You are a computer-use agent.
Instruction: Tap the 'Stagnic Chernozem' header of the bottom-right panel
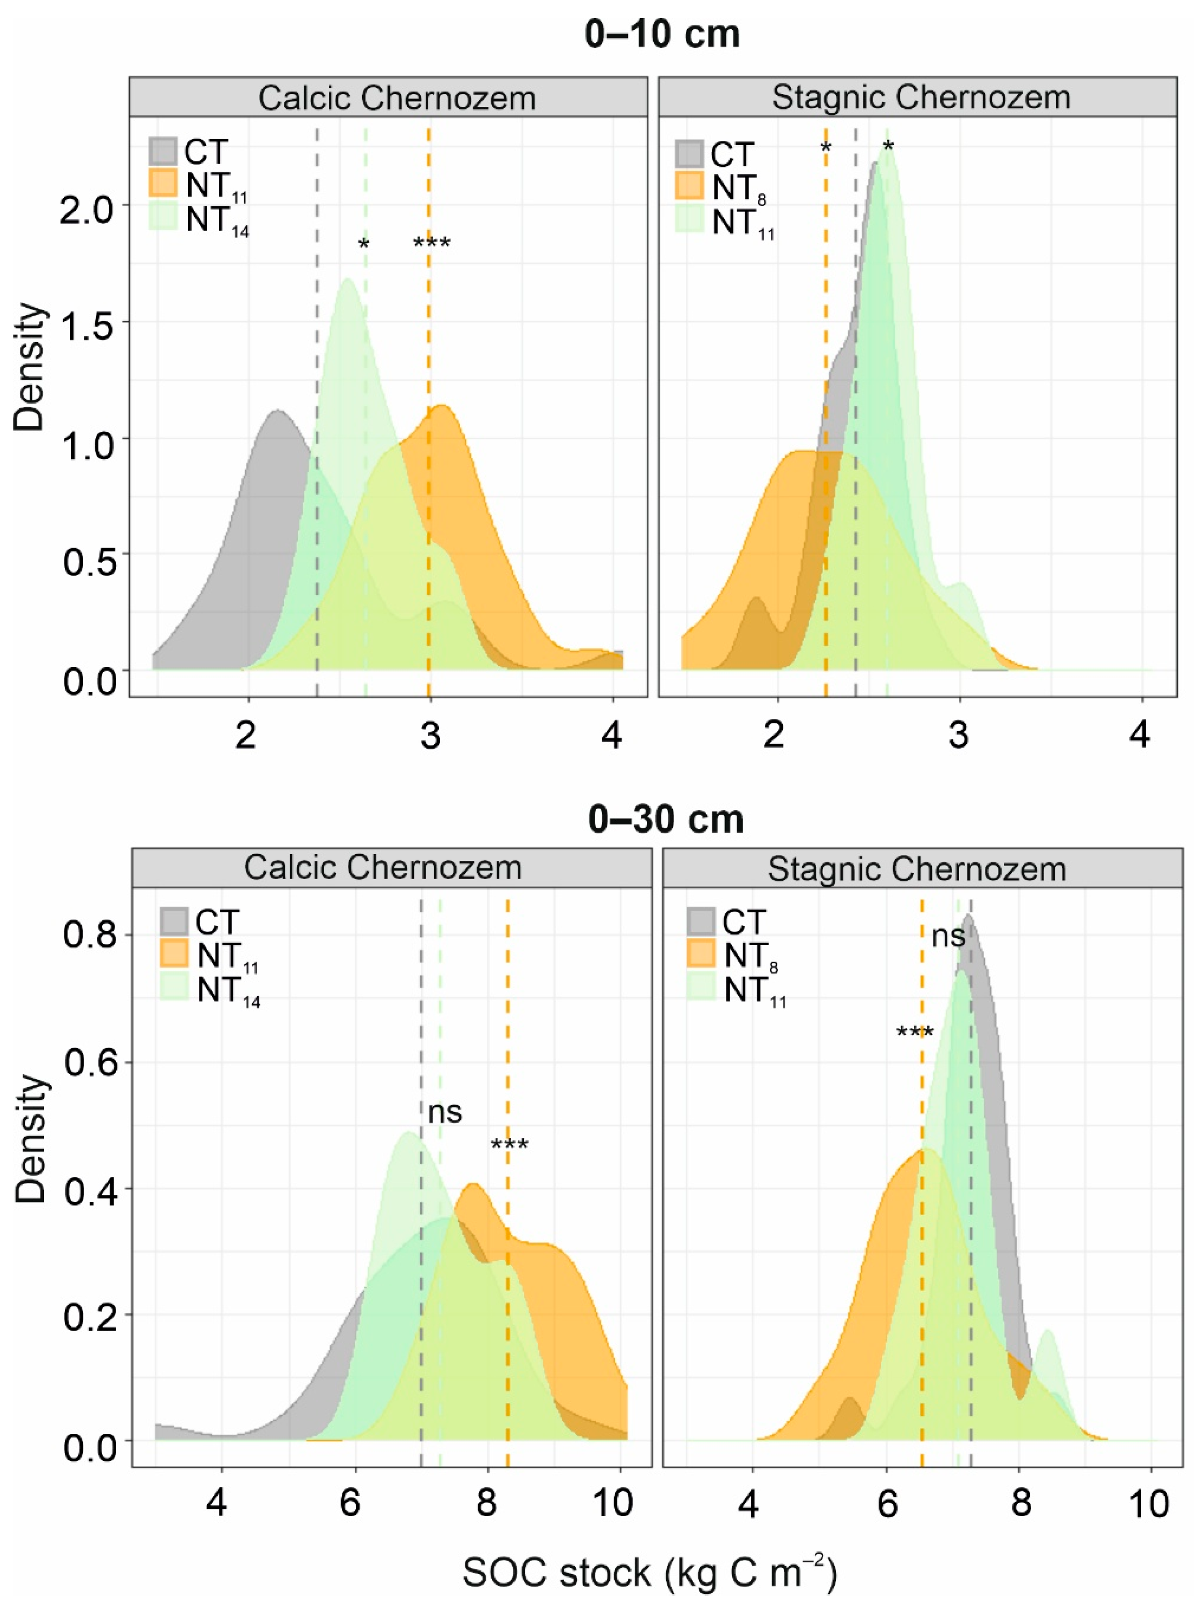tap(917, 869)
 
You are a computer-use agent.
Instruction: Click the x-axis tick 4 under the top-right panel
tap(1140, 736)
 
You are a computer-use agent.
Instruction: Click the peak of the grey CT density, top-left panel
tap(277, 412)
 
